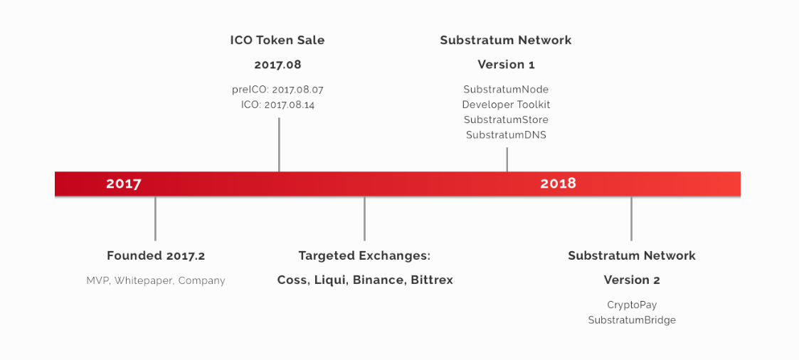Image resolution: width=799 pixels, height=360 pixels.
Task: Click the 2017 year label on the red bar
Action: coord(123,184)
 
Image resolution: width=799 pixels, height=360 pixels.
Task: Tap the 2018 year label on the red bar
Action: coord(558,184)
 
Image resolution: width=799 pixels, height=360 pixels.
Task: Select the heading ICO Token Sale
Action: coord(277,41)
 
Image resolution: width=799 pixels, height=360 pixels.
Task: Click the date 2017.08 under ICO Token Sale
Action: coord(277,65)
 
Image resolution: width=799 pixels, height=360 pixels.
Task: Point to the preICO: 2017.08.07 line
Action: coord(277,90)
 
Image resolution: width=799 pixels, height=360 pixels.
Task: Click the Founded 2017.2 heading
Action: coord(156,255)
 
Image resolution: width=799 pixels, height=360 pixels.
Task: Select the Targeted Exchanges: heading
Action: coord(364,255)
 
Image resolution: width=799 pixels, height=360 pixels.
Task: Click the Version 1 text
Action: coord(506,65)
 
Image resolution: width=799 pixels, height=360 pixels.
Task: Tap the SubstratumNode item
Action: coord(506,90)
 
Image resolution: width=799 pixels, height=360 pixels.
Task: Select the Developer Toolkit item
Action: coord(506,105)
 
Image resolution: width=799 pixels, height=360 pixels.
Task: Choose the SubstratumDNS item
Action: coord(506,135)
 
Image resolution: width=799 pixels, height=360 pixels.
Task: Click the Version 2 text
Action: coord(632,280)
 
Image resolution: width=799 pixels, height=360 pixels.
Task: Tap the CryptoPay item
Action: coord(632,305)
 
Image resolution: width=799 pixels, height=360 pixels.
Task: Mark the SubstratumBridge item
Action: coord(632,320)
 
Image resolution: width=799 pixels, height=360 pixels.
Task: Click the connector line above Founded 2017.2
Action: coord(155,218)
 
